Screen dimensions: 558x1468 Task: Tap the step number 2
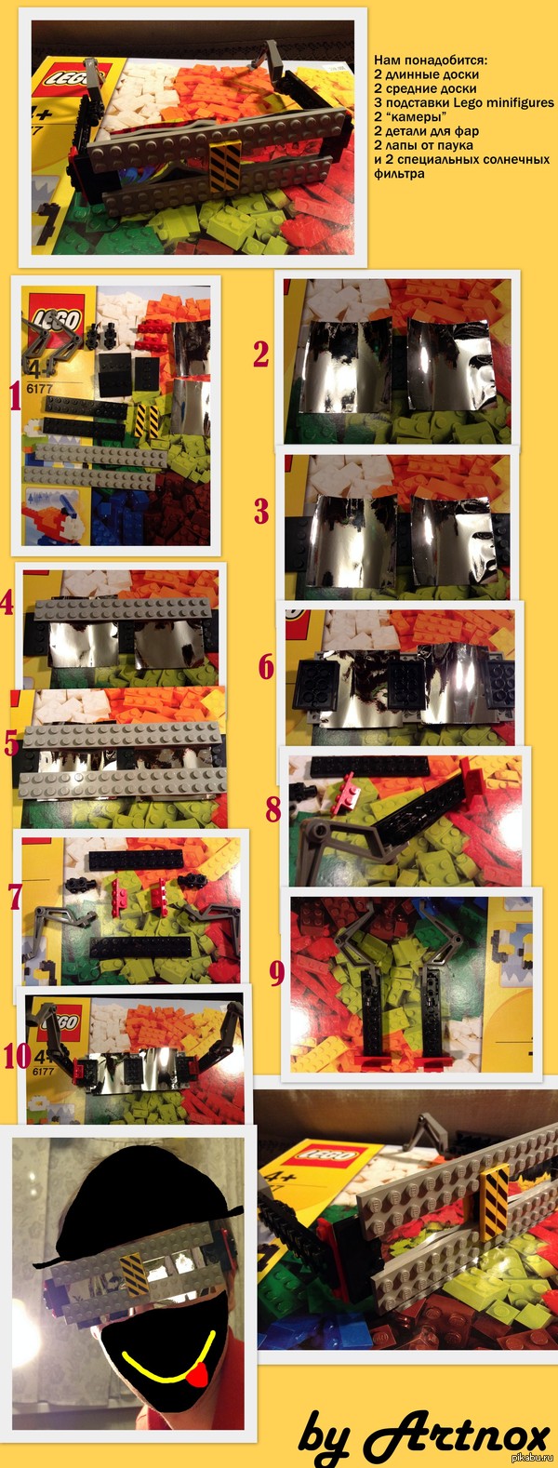pos(261,354)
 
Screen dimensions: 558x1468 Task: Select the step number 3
pos(261,512)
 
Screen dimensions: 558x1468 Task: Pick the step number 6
pos(267,666)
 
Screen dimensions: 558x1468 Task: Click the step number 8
pos(273,810)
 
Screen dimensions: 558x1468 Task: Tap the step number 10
pos(17,1056)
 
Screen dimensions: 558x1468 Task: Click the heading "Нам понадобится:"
pos(431,60)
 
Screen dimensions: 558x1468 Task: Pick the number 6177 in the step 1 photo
pos(40,388)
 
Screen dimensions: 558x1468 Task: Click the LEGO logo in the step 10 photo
pos(64,1023)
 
